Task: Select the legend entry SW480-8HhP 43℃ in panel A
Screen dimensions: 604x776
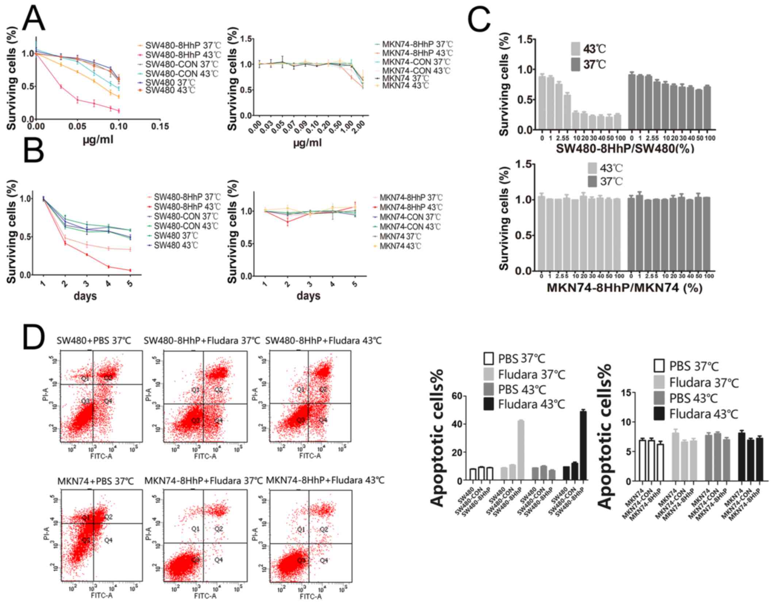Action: point(183,55)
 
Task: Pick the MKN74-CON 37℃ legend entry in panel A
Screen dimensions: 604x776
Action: point(416,62)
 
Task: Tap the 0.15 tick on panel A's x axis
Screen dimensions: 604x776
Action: point(160,126)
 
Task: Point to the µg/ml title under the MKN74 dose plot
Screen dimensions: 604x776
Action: point(307,143)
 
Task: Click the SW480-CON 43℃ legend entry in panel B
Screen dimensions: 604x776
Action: point(186,226)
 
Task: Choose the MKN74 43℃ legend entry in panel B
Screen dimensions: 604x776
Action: point(400,246)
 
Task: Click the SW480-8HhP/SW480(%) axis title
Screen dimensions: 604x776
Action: point(625,148)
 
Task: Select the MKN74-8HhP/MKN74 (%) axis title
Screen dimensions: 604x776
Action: point(625,288)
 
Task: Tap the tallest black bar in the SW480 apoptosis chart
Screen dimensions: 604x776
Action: point(583,445)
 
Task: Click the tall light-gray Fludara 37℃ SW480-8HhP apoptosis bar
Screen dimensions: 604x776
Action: point(521,450)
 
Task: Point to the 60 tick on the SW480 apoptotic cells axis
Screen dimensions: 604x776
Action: point(457,396)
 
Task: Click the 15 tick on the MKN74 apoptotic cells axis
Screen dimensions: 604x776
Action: point(626,392)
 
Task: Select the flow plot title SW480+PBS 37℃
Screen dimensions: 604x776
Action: point(94,341)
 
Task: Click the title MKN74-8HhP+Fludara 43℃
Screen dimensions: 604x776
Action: point(325,480)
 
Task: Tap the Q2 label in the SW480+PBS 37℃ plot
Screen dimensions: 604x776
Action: point(108,377)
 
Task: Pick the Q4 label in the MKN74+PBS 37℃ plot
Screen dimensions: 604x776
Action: point(108,540)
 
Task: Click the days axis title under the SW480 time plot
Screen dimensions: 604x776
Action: point(85,296)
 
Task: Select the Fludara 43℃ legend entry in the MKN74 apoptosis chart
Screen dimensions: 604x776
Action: point(703,414)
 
